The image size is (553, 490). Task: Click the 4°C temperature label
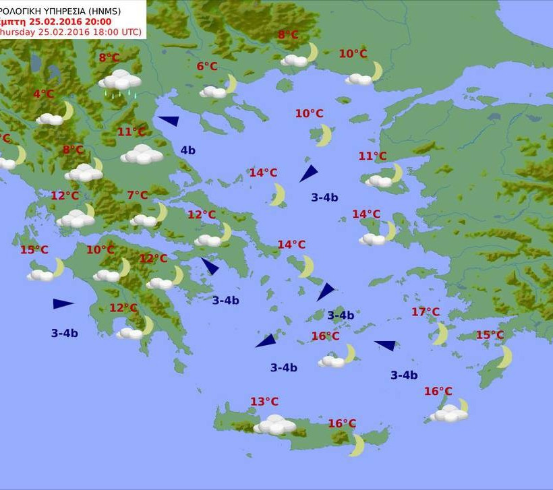tap(43, 94)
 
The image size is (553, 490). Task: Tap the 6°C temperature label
tap(207, 66)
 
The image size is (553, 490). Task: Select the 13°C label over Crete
tap(264, 402)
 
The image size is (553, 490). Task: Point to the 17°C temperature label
tap(426, 312)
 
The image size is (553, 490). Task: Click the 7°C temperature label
tap(138, 195)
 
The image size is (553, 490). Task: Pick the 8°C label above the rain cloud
tap(109, 58)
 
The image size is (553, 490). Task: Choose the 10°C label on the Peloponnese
tap(100, 250)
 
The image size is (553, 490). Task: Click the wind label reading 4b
tap(187, 150)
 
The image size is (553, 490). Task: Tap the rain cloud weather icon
tap(120, 82)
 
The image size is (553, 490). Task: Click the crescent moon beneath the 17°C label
tap(440, 333)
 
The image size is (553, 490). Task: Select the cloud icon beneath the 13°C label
tap(274, 425)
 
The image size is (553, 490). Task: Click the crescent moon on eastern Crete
tap(357, 445)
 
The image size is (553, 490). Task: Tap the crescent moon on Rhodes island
tap(505, 356)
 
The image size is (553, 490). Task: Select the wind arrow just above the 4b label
tap(169, 121)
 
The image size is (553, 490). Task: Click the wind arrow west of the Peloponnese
tap(63, 304)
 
